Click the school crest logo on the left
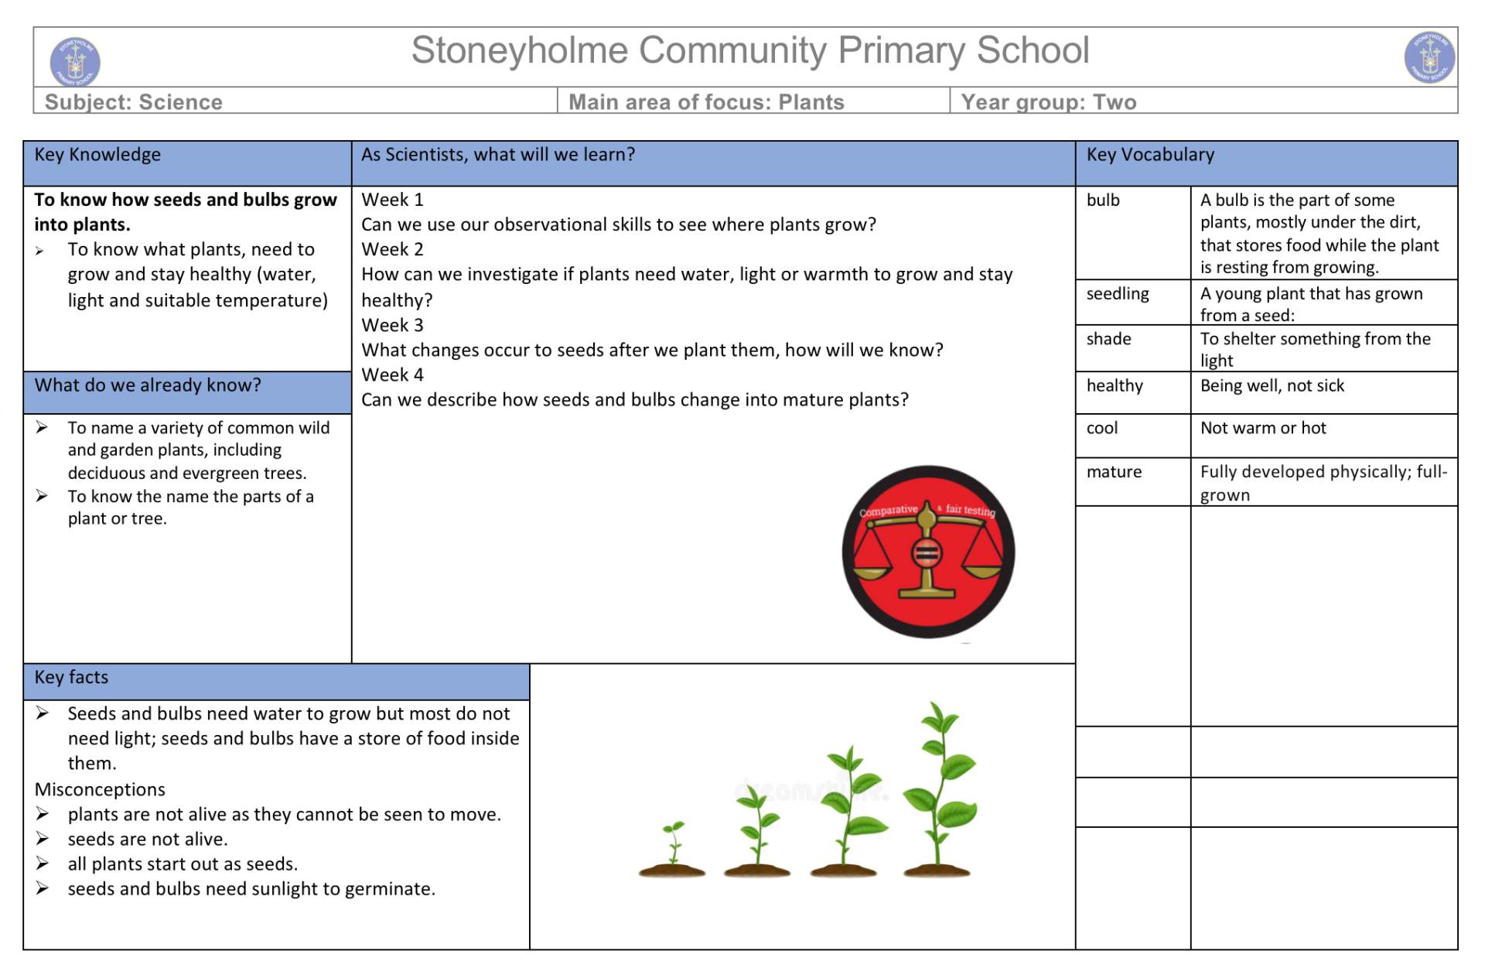pyautogui.click(x=75, y=60)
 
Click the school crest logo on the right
pyautogui.click(x=1429, y=57)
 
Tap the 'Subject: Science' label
pyautogui.click(x=133, y=102)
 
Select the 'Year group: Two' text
pyautogui.click(x=1048, y=102)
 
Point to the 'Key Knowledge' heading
pyautogui.click(x=97, y=155)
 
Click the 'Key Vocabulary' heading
pyautogui.click(x=1149, y=155)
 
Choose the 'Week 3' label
pyautogui.click(x=392, y=325)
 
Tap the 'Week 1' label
pyautogui.click(x=392, y=200)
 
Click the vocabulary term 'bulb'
pyautogui.click(x=1103, y=200)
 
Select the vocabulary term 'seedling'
pyautogui.click(x=1118, y=294)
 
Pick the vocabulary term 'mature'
pyautogui.click(x=1114, y=472)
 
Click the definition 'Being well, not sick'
pyautogui.click(x=1272, y=386)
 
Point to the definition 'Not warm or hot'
pyautogui.click(x=1262, y=428)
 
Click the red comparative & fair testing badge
pyautogui.click(x=928, y=552)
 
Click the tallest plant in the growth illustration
pyautogui.click(x=937, y=789)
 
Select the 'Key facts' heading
pyautogui.click(x=71, y=678)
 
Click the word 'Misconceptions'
pyautogui.click(x=100, y=789)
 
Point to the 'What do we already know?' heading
pyautogui.click(x=148, y=385)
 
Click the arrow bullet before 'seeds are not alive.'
pyautogui.click(x=43, y=839)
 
